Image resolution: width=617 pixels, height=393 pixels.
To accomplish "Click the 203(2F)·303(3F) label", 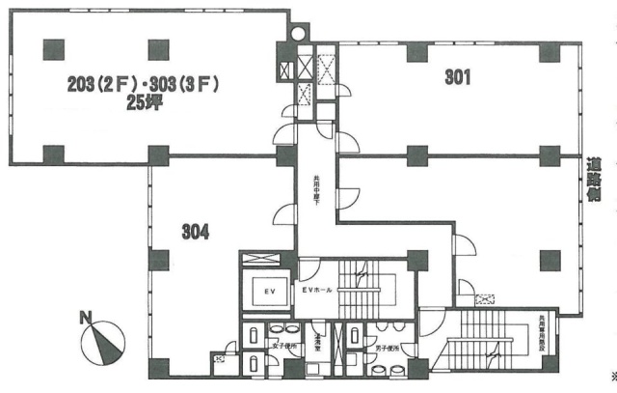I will tap(145, 85).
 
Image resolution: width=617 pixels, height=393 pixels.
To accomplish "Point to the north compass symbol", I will tap(103, 341).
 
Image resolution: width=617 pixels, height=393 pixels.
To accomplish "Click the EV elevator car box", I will tap(271, 291).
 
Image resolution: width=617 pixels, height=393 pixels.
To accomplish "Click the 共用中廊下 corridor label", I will tap(315, 188).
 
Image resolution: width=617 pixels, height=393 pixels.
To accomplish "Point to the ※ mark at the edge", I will tap(613, 376).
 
